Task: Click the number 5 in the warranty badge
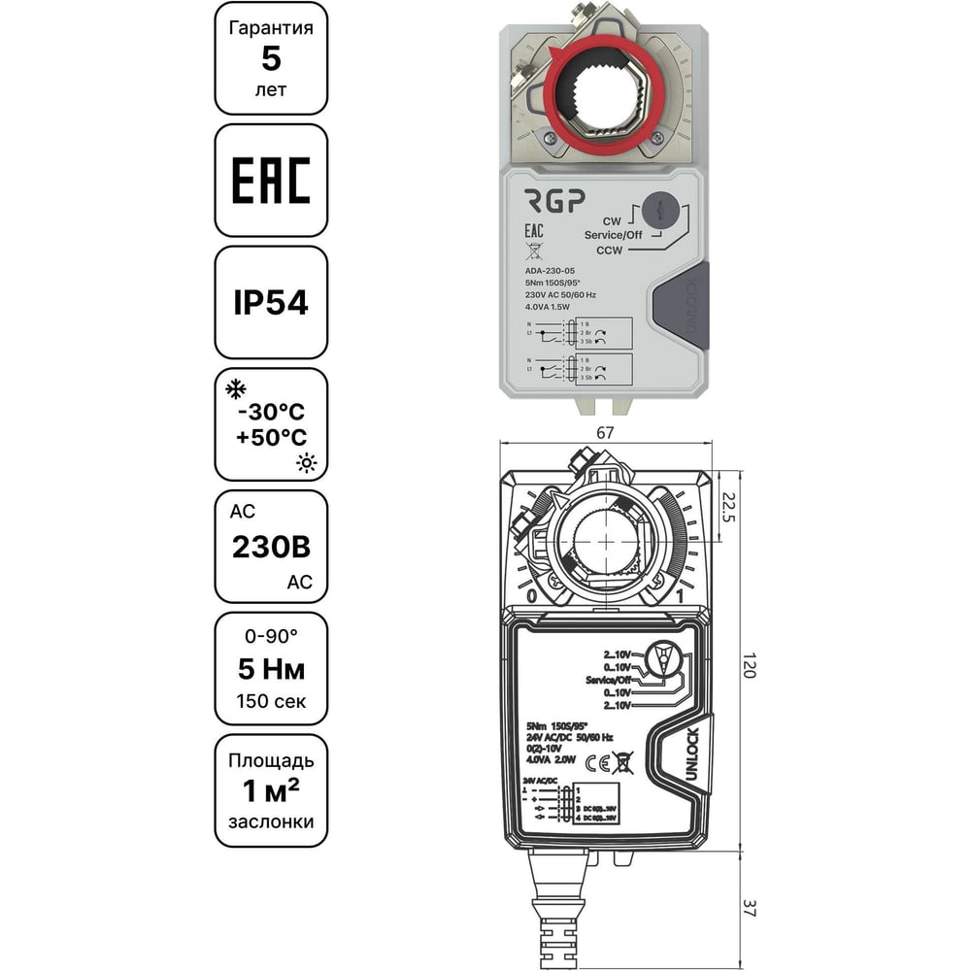(x=271, y=58)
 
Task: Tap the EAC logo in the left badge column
(x=271, y=181)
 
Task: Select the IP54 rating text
(x=271, y=303)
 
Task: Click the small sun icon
(x=307, y=464)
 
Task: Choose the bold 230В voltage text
(x=271, y=549)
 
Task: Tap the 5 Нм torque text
(x=271, y=669)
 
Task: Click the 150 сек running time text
(x=271, y=701)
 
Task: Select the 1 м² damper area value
(x=271, y=791)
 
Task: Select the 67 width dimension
(x=605, y=434)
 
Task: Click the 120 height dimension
(x=748, y=664)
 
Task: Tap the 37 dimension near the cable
(x=748, y=909)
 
